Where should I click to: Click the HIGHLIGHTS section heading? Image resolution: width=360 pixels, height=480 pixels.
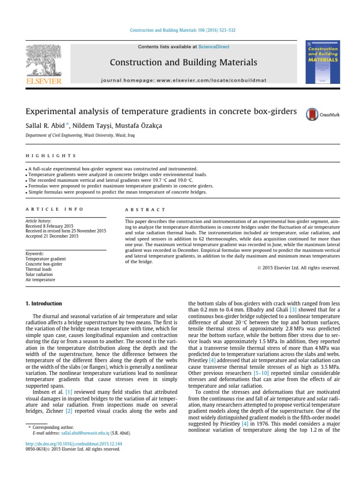(50, 156)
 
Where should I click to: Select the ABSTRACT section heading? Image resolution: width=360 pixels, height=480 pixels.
(145, 210)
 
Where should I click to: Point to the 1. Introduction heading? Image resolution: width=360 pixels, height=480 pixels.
(43, 304)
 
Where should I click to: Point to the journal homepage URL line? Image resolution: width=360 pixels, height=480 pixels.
(183, 80)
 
